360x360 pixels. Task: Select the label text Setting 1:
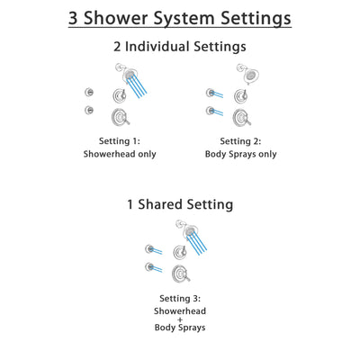119,139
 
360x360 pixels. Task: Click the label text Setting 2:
240,139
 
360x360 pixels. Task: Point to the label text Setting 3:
179,298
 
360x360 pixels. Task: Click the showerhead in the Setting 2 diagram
243,74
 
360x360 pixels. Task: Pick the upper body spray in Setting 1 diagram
89,92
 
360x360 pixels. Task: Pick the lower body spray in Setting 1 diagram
89,110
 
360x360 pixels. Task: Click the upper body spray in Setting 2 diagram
211,92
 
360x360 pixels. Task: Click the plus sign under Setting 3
179,319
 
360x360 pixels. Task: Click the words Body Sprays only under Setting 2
240,154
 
